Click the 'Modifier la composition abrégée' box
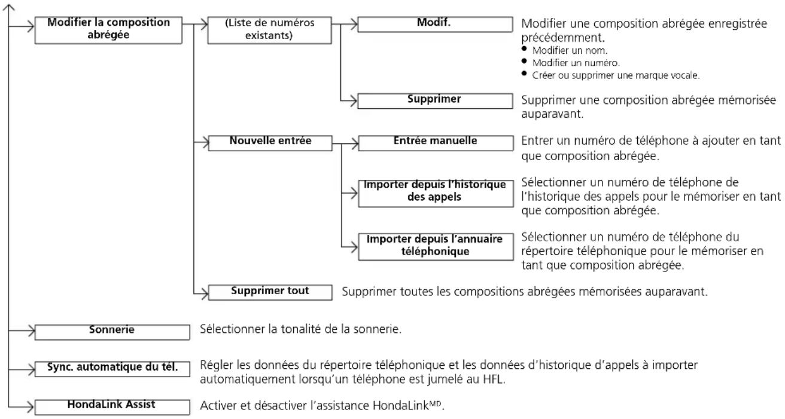tap(108, 30)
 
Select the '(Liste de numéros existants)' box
tap(269, 30)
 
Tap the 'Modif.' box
tap(435, 24)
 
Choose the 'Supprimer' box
tap(435, 101)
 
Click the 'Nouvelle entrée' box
tap(270, 143)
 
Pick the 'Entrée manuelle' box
tap(436, 143)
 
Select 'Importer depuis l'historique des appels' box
tap(436, 194)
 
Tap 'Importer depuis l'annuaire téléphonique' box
tap(436, 247)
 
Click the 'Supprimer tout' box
tap(270, 292)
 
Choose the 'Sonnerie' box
tap(112, 332)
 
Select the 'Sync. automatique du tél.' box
tap(112, 369)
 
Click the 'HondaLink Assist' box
tap(112, 407)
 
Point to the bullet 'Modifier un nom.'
tap(570, 50)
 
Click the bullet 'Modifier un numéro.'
tap(576, 63)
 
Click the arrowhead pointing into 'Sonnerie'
tap(31, 331)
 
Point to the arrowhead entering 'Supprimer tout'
tap(205, 293)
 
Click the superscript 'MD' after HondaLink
tap(435, 403)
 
